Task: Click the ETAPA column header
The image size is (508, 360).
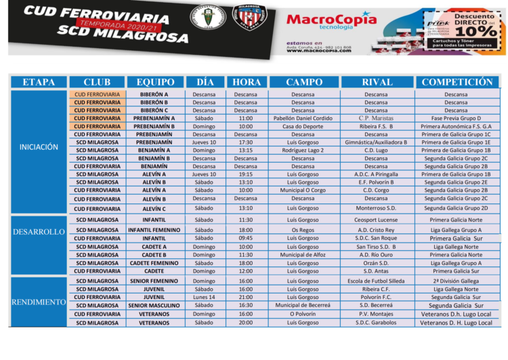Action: [x=39, y=82]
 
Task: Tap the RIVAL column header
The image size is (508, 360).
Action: [x=376, y=82]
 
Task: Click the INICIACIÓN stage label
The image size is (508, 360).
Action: [x=39, y=147]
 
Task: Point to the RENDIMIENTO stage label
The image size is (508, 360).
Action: [x=39, y=302]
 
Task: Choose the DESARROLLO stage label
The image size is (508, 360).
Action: [x=39, y=232]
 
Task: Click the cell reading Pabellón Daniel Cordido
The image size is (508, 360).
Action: [x=303, y=118]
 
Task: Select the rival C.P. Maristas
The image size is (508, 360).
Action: [x=376, y=118]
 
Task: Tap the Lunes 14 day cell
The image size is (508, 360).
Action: [x=204, y=297]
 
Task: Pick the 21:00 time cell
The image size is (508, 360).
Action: [x=245, y=297]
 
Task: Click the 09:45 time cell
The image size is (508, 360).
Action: [x=245, y=238]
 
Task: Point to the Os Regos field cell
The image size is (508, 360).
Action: [x=303, y=230]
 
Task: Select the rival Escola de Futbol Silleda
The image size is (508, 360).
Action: [x=376, y=281]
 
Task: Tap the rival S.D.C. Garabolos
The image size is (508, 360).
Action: [x=376, y=323]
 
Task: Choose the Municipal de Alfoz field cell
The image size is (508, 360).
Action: [x=303, y=255]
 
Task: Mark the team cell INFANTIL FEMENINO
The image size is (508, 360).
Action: [x=154, y=230]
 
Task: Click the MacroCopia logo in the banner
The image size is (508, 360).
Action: [x=331, y=20]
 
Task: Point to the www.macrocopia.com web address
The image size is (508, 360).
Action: [x=318, y=50]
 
